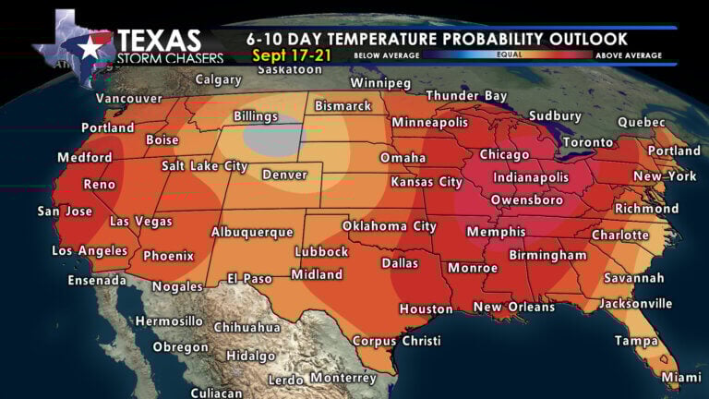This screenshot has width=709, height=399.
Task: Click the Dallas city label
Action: [x=401, y=262]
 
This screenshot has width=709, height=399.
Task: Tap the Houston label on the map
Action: [x=426, y=308]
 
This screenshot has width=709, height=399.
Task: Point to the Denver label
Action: [x=284, y=175]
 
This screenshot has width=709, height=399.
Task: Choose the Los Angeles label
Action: [x=90, y=250]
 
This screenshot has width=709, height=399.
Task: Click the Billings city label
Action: [x=255, y=116]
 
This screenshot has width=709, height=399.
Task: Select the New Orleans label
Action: [x=514, y=307]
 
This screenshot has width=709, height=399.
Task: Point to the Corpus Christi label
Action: [x=397, y=341]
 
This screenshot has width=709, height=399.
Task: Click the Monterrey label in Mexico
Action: [x=342, y=378]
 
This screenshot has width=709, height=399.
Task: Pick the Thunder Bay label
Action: [x=466, y=95]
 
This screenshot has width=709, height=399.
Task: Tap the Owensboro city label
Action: [x=527, y=199]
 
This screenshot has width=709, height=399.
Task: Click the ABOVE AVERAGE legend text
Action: [x=628, y=55]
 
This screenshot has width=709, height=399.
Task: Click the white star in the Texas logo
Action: [x=91, y=49]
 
